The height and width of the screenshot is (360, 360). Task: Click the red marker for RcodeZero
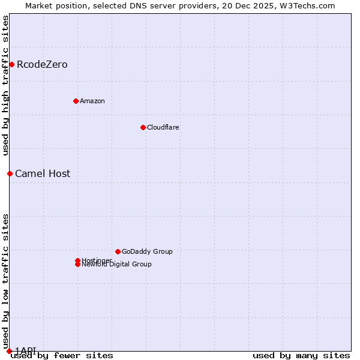click(11, 64)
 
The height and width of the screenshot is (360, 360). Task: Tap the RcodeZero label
click(42, 65)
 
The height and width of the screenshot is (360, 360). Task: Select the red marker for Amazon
click(76, 101)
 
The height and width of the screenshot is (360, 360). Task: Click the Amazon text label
click(92, 101)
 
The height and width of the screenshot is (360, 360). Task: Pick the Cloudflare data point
click(143, 127)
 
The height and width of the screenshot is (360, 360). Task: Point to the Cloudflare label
click(163, 127)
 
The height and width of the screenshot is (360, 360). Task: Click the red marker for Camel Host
click(10, 173)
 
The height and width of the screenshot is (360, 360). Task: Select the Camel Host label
click(43, 174)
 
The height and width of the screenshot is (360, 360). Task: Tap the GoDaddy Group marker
click(118, 251)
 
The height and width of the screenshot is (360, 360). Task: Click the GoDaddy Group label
click(147, 251)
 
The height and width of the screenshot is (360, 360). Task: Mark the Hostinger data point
click(77, 260)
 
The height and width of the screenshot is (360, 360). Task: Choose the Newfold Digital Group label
click(116, 265)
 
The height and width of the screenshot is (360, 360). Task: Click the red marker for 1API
click(9, 351)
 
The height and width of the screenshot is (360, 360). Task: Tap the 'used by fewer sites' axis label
click(62, 355)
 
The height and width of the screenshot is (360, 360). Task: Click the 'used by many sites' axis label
click(301, 355)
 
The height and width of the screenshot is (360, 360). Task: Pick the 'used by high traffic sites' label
click(5, 85)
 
